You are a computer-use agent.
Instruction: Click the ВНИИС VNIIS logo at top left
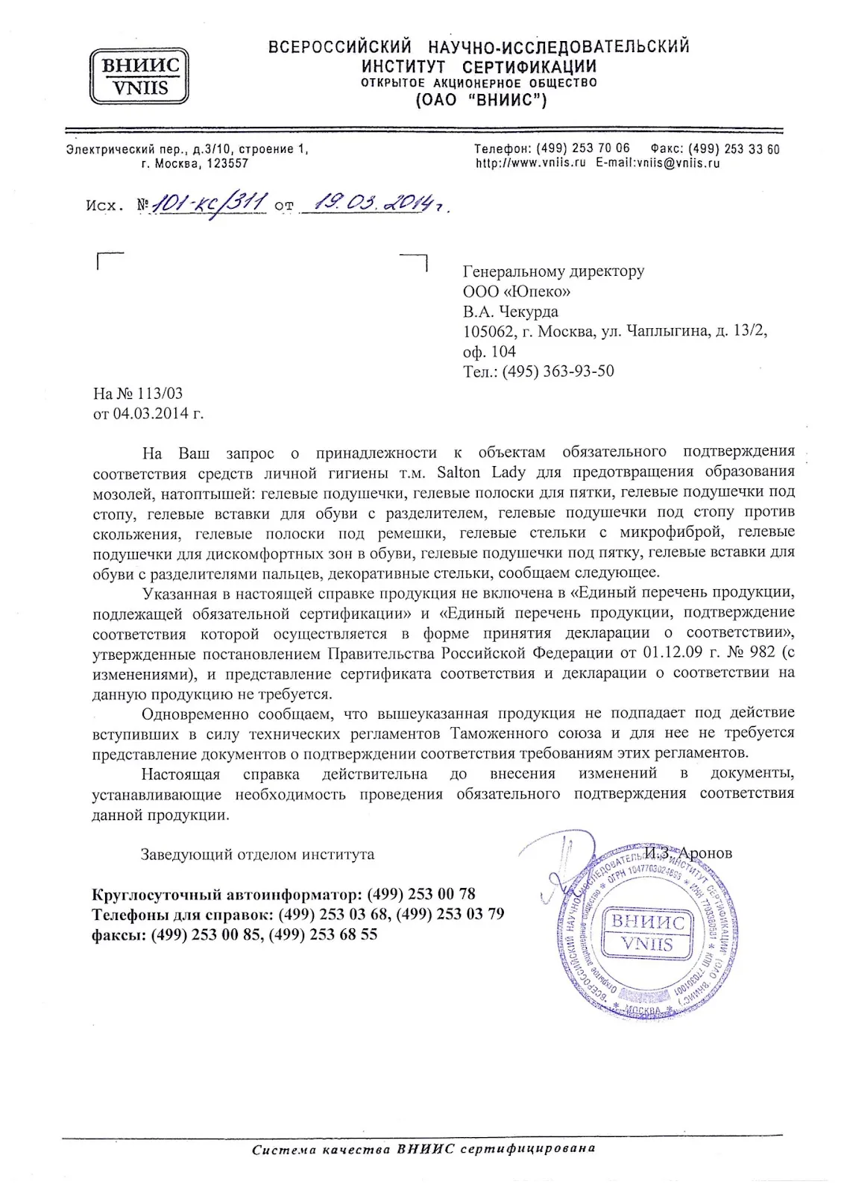[139, 76]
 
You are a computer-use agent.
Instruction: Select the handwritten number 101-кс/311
[210, 202]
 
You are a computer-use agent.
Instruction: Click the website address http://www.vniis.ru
[531, 163]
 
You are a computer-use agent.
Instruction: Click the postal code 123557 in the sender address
[227, 163]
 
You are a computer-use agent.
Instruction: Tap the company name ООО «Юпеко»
[517, 292]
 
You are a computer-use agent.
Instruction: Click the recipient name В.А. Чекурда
[510, 312]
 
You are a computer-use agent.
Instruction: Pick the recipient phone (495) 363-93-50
[558, 371]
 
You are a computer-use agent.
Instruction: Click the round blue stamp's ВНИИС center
[648, 933]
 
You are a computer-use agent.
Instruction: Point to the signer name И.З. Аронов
[689, 853]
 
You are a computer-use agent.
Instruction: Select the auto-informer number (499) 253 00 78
[421, 894]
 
